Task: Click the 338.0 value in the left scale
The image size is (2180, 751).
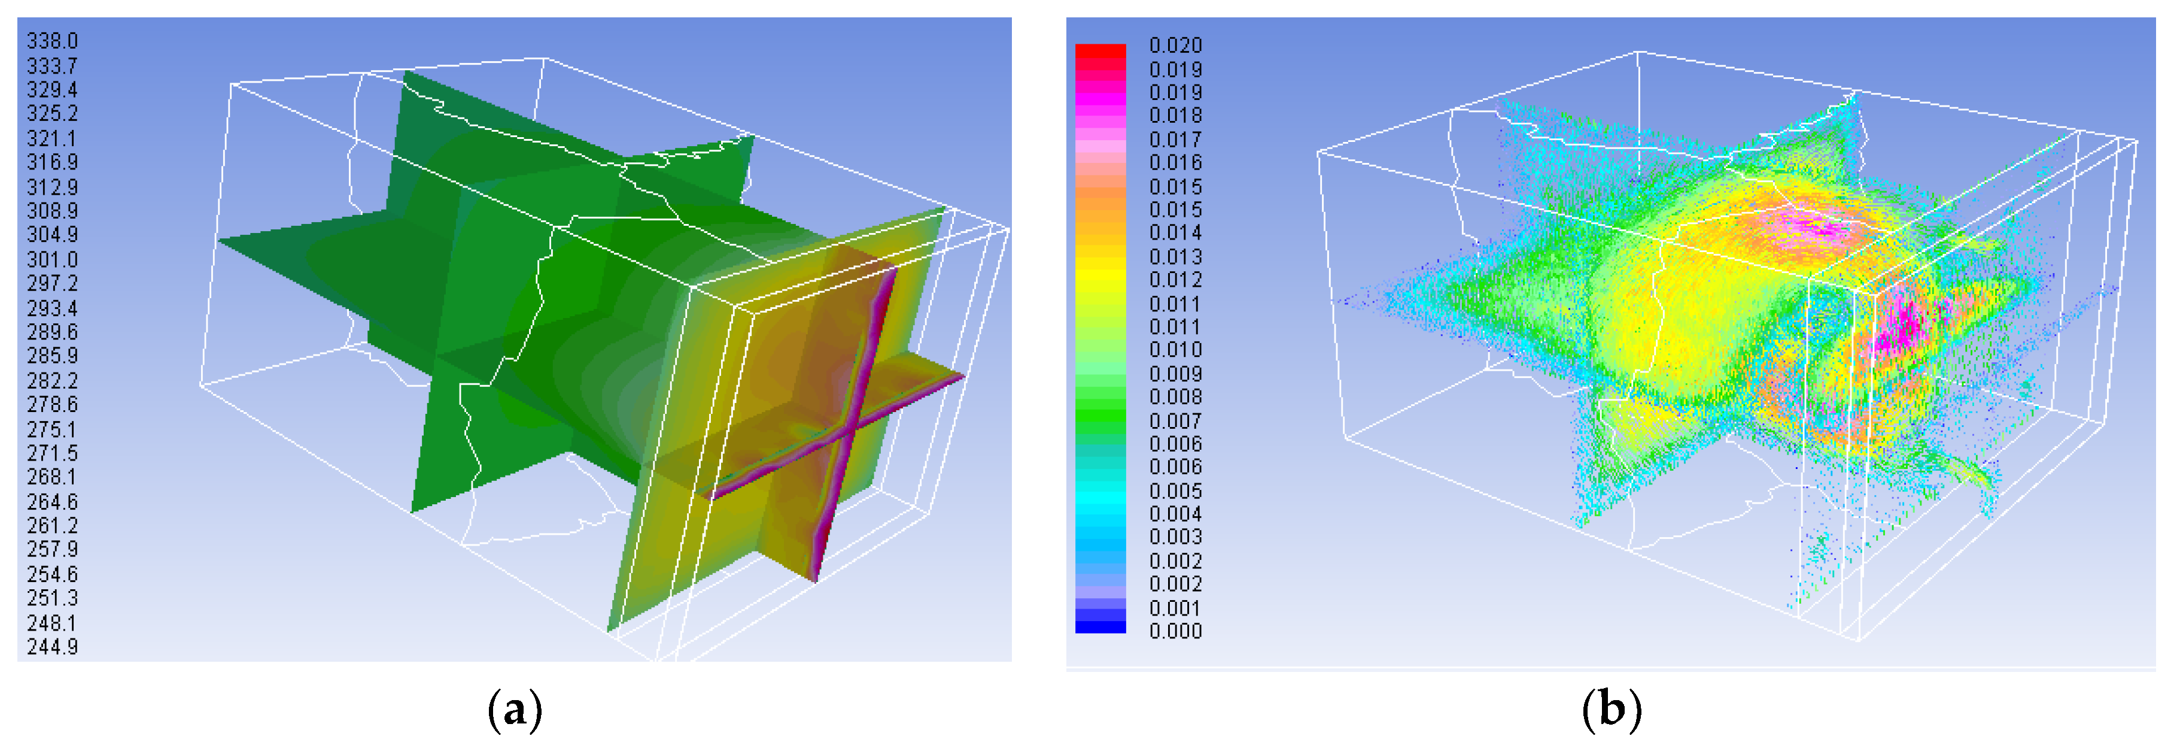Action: click(x=53, y=41)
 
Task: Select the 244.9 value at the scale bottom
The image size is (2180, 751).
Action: click(x=53, y=647)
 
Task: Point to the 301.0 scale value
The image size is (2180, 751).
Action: click(x=53, y=259)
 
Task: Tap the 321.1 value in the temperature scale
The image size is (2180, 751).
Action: click(x=53, y=138)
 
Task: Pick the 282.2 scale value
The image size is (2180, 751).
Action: click(x=53, y=380)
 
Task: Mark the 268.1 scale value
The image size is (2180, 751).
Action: click(x=53, y=477)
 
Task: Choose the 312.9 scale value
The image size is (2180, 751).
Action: click(x=53, y=186)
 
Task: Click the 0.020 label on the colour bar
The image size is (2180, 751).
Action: click(x=1175, y=45)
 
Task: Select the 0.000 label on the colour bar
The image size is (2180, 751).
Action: click(x=1175, y=631)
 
